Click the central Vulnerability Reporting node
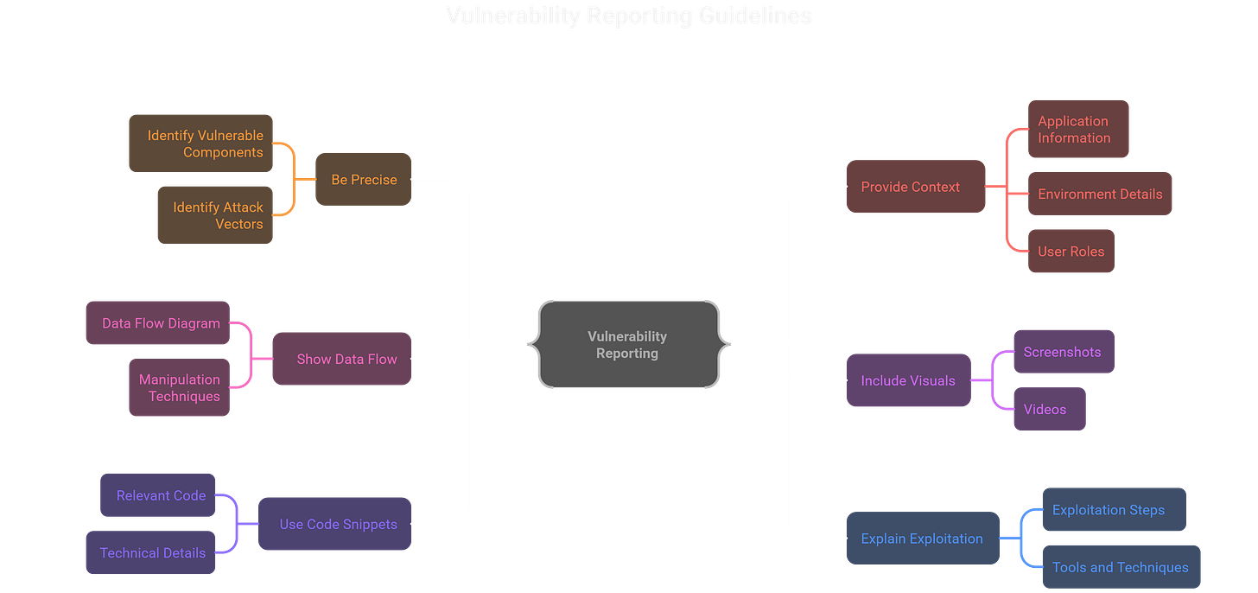[x=627, y=344]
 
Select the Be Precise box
[x=364, y=180]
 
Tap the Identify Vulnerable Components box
[x=201, y=143]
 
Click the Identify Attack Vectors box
[x=215, y=215]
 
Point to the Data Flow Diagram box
[x=158, y=323]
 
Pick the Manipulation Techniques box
[x=180, y=388]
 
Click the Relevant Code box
[x=158, y=495]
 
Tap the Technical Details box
[x=151, y=553]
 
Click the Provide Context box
[x=915, y=187]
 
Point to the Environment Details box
[x=1100, y=194]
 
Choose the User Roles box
[x=1071, y=252]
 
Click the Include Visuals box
[x=908, y=380]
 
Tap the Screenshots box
[x=1063, y=352]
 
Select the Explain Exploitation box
[x=922, y=539]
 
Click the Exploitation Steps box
[x=1113, y=510]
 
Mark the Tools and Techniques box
[x=1121, y=567]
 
